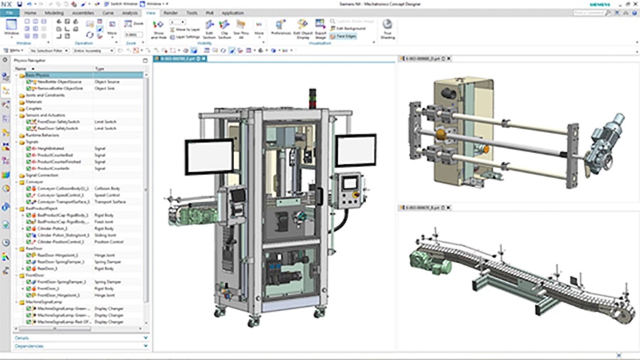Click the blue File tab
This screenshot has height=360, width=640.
(x=10, y=13)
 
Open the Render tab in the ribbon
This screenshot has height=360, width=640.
(x=171, y=13)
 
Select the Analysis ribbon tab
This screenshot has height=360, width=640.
(x=129, y=13)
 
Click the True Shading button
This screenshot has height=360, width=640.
(x=388, y=28)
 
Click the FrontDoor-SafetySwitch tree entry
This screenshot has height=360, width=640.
(x=56, y=122)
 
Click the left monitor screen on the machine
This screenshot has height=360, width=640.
(x=209, y=157)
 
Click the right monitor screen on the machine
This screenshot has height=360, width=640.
(x=355, y=151)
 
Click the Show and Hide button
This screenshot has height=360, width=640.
(x=159, y=31)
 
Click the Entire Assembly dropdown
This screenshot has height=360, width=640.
(x=93, y=51)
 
